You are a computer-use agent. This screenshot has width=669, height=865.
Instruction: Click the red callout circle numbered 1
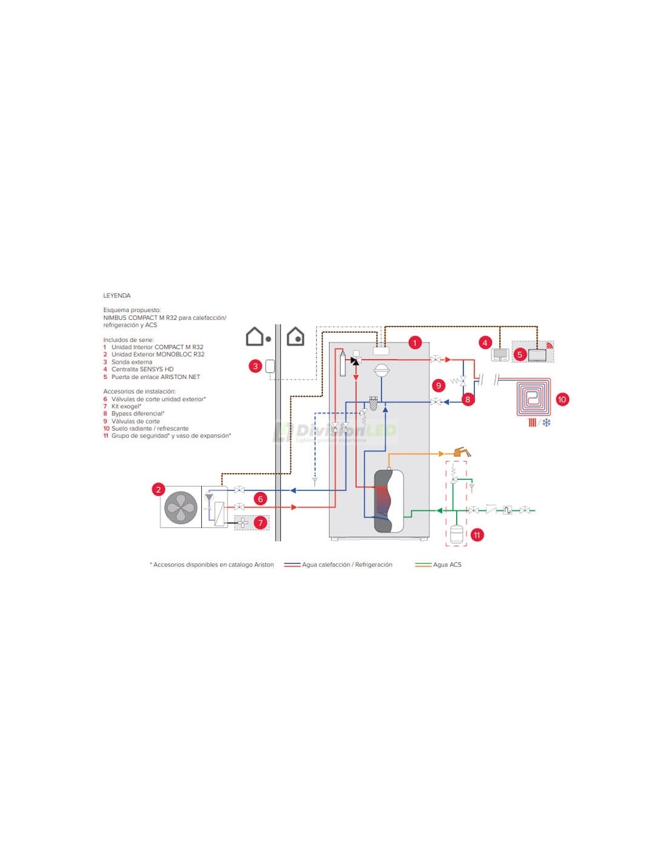point(415,343)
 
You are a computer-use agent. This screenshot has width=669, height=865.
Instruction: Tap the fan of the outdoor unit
point(181,507)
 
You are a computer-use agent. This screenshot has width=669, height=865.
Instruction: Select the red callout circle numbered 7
point(260,523)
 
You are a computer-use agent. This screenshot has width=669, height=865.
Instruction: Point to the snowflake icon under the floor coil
point(546,422)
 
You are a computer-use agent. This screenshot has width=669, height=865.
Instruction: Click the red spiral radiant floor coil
point(533,397)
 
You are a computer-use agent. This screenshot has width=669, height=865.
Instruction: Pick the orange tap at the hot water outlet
point(462,452)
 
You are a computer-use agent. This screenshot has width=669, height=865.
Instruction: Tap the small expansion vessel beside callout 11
point(456,534)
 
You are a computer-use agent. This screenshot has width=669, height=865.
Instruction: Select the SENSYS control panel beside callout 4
point(500,355)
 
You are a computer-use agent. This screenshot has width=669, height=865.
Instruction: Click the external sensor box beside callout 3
point(270,366)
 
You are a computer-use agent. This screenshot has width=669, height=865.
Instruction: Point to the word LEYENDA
point(117,296)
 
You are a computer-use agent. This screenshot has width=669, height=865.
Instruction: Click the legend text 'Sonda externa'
point(131,362)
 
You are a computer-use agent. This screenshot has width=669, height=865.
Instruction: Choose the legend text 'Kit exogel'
point(126,406)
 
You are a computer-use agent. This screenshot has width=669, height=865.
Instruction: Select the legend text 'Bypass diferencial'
point(137,414)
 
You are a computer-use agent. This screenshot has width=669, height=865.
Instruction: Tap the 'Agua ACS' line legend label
point(447,565)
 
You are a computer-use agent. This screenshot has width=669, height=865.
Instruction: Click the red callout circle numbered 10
point(561,400)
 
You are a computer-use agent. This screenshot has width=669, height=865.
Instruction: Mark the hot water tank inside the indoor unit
point(389,501)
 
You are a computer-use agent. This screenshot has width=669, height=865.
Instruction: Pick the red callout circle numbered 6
point(260,499)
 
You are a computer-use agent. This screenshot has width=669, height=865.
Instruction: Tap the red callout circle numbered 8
point(467,400)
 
